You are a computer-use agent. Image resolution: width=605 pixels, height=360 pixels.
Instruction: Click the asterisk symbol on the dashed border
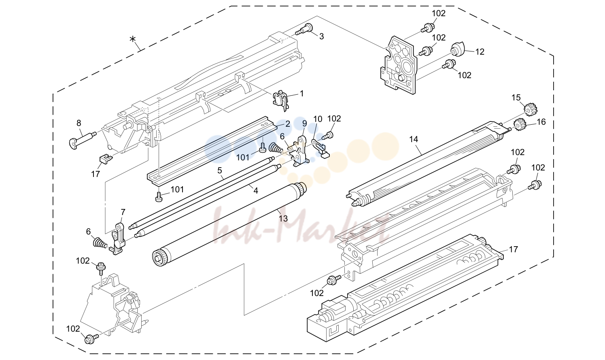(x=132, y=39)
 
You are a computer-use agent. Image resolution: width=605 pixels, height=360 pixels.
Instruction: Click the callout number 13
(x=283, y=218)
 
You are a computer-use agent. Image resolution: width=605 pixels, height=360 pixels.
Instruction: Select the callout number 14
(x=414, y=139)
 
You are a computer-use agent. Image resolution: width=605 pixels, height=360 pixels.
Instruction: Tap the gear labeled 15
(x=530, y=109)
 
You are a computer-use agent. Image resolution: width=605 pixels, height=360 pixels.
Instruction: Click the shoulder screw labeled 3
(x=304, y=29)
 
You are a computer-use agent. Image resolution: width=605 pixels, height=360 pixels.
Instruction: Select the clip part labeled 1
(x=281, y=100)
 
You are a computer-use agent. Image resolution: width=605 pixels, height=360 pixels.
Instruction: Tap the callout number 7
(x=123, y=212)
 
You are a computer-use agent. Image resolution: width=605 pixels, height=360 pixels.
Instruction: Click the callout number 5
(x=219, y=170)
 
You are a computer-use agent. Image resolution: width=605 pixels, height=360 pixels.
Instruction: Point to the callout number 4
(x=255, y=191)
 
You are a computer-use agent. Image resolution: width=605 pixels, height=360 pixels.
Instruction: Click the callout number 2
(x=288, y=124)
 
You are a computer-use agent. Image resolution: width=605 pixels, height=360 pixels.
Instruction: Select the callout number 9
(x=305, y=124)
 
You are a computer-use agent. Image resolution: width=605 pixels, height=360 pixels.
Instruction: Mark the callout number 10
(x=318, y=119)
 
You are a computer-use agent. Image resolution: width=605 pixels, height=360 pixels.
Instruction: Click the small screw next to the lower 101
(x=159, y=197)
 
